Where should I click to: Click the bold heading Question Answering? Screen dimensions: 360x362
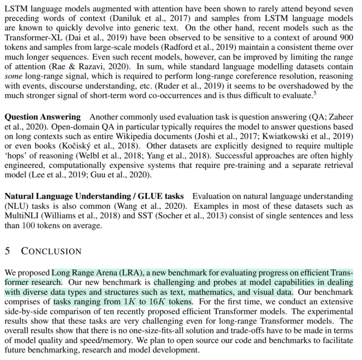click(43, 117)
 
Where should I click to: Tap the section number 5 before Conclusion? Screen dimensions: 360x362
click(7, 251)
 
